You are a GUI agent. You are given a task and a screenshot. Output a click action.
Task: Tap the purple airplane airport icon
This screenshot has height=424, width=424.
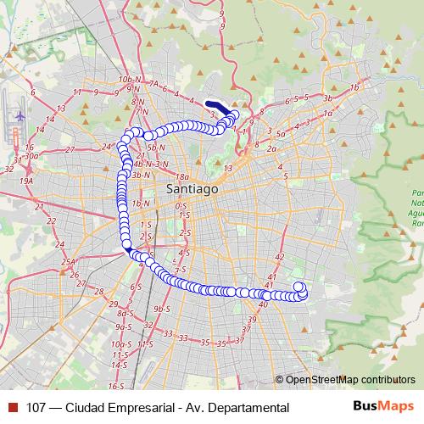click(20, 114)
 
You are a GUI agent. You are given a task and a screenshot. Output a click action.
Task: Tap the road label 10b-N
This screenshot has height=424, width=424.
click(129, 79)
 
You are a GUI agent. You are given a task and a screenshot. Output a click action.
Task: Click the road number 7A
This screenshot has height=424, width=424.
click(153, 84)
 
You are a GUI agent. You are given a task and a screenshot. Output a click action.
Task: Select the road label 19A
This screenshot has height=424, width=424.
click(27, 181)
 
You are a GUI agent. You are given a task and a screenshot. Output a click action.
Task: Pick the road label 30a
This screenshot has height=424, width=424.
click(32, 156)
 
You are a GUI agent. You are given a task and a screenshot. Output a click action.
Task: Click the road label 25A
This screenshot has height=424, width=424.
click(68, 262)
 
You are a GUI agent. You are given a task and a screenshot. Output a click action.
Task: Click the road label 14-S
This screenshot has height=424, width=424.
click(118, 364)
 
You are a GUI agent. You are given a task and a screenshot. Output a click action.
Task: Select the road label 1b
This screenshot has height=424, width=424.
click(355, 87)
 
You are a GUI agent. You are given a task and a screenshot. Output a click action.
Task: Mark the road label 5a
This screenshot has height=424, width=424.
click(281, 134)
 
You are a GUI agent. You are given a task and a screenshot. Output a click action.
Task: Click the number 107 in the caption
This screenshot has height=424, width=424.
click(36, 408)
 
